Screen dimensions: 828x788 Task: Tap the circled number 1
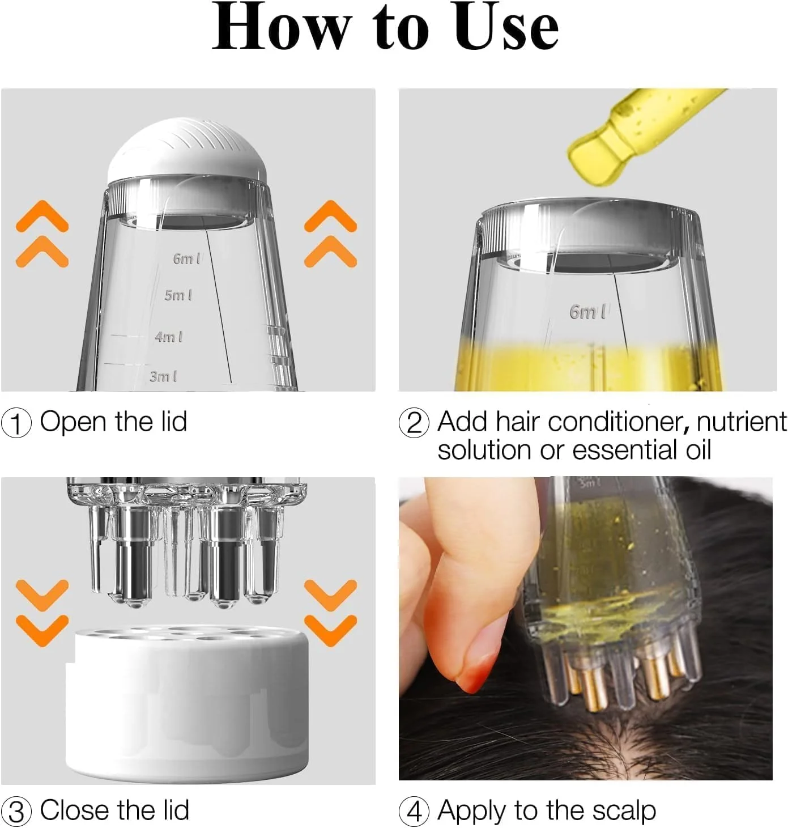coord(16,423)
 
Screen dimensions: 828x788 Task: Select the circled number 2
coord(414,423)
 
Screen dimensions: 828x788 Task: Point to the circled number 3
coord(16,812)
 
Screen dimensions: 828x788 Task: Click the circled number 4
coord(414,812)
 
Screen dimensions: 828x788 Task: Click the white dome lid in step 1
coord(187,150)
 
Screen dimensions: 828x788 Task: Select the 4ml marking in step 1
coord(169,337)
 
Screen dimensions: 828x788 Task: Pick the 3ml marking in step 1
coord(163,376)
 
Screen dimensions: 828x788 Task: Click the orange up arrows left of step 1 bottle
coord(42,233)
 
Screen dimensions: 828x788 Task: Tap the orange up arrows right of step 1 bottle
coord(330,233)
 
